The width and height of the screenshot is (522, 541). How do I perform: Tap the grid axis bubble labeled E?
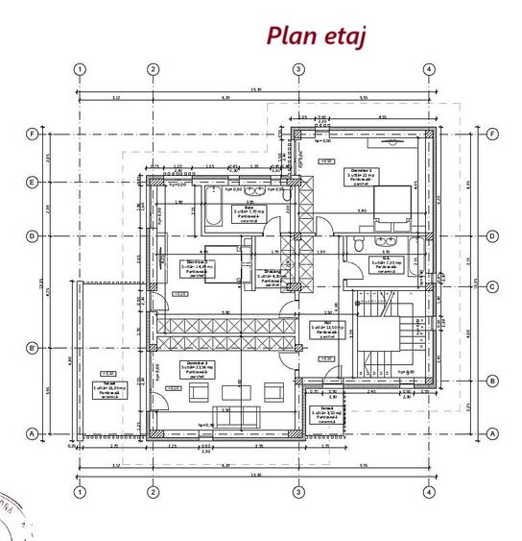[x=32, y=182]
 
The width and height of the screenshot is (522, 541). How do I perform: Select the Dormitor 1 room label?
[x=361, y=175]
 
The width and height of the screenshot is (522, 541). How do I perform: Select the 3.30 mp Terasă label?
[x=326, y=412]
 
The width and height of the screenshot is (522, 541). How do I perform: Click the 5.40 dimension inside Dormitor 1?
[x=361, y=210]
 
